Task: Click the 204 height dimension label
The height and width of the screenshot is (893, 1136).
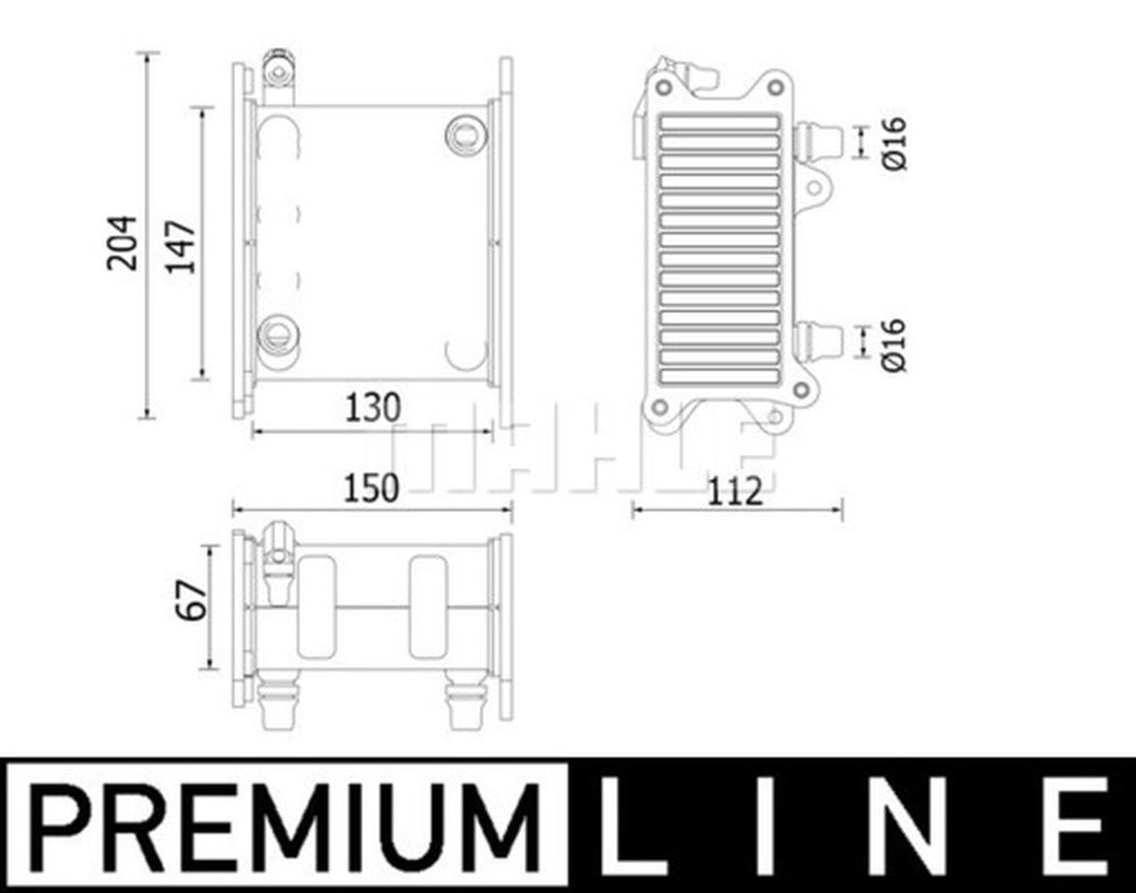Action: click(122, 241)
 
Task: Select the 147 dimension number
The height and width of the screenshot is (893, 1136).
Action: click(182, 246)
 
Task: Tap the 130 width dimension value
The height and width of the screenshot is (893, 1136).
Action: click(373, 408)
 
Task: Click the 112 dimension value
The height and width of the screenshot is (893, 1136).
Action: click(736, 490)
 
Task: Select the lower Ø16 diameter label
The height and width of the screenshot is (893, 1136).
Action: click(895, 344)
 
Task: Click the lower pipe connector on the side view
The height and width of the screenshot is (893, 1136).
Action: click(818, 341)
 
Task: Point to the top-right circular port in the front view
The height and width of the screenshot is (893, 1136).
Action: click(464, 134)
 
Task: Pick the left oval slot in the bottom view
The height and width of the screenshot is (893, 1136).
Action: click(316, 607)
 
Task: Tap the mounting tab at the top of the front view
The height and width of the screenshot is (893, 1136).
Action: click(278, 70)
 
